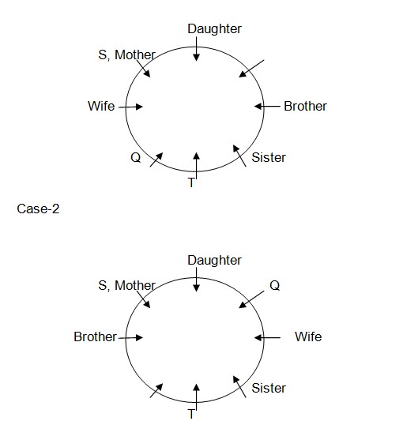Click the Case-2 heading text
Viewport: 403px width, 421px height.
[x=38, y=209]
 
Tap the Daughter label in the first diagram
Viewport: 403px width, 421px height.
[x=214, y=29]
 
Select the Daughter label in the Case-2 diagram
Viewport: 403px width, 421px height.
[x=214, y=261]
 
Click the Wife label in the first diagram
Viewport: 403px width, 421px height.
[x=101, y=106]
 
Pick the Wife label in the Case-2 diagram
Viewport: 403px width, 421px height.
[x=308, y=336]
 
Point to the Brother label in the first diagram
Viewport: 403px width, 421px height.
[x=306, y=106]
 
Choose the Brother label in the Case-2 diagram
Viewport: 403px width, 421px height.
[x=96, y=336]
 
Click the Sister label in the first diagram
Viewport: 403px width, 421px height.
[x=269, y=157]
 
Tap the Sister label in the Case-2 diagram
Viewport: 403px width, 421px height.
[x=269, y=388]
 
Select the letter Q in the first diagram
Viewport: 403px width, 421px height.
[x=136, y=157]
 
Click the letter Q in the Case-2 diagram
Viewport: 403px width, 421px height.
[x=274, y=285]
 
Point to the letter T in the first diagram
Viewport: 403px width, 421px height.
[x=191, y=182]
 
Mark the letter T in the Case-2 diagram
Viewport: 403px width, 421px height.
[x=191, y=414]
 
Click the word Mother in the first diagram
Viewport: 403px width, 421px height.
[x=135, y=55]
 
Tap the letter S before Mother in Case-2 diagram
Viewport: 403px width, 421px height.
[x=103, y=285]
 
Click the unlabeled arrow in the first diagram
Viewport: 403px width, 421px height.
[x=251, y=69]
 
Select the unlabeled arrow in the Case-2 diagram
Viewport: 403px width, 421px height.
[x=156, y=391]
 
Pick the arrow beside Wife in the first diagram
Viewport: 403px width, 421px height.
[x=130, y=107]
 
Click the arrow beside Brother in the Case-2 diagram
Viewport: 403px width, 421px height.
[x=130, y=338]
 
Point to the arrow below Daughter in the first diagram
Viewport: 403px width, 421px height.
[x=197, y=49]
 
